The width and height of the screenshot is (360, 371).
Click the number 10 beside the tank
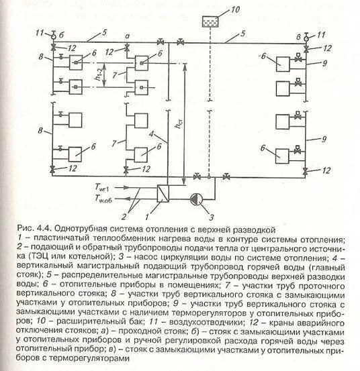pyautogui.click(x=234, y=9)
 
